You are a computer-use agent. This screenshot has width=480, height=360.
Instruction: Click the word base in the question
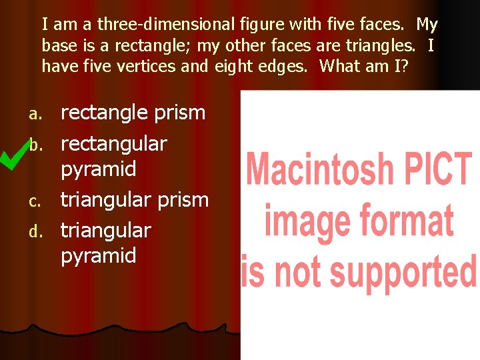[57, 45]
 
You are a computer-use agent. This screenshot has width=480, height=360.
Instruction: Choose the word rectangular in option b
[114, 143]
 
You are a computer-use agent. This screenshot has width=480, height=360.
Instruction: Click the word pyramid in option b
[99, 169]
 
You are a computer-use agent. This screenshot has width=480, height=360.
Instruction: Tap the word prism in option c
[181, 199]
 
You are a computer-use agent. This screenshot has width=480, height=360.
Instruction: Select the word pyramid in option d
[99, 255]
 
